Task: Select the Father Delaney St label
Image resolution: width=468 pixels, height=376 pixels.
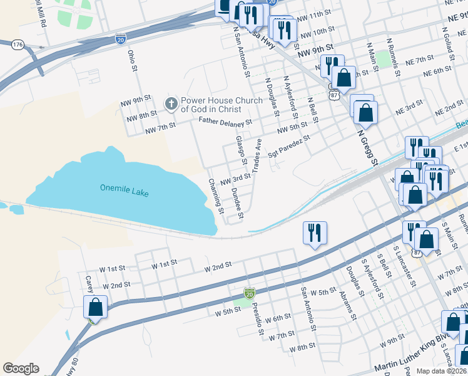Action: (x=225, y=121)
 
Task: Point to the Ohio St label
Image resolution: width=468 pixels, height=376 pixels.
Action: (x=132, y=61)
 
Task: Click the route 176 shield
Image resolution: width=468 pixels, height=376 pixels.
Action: (x=18, y=44)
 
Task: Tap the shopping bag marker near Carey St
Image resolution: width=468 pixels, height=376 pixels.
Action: (x=95, y=308)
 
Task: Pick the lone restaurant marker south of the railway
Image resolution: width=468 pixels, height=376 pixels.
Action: (x=315, y=232)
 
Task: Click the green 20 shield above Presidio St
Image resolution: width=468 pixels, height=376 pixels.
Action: (x=250, y=293)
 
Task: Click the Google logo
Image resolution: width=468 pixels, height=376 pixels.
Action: (x=21, y=368)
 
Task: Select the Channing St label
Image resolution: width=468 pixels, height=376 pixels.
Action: (x=216, y=194)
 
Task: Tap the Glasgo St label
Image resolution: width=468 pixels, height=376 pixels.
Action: (x=241, y=149)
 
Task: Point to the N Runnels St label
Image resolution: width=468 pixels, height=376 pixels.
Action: (x=393, y=57)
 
